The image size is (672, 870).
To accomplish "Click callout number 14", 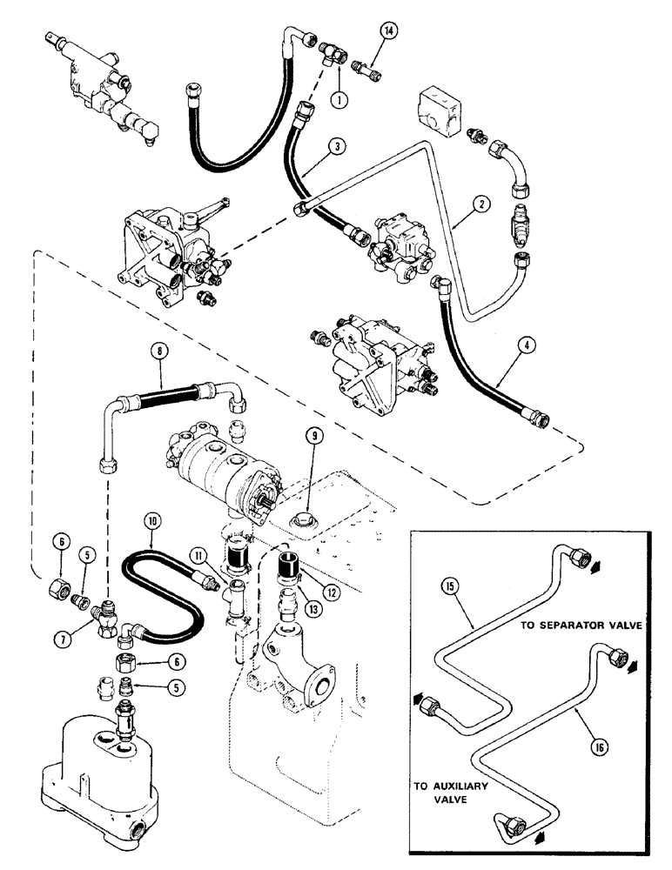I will click(x=387, y=32).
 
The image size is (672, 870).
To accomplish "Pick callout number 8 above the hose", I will click(x=157, y=355).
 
